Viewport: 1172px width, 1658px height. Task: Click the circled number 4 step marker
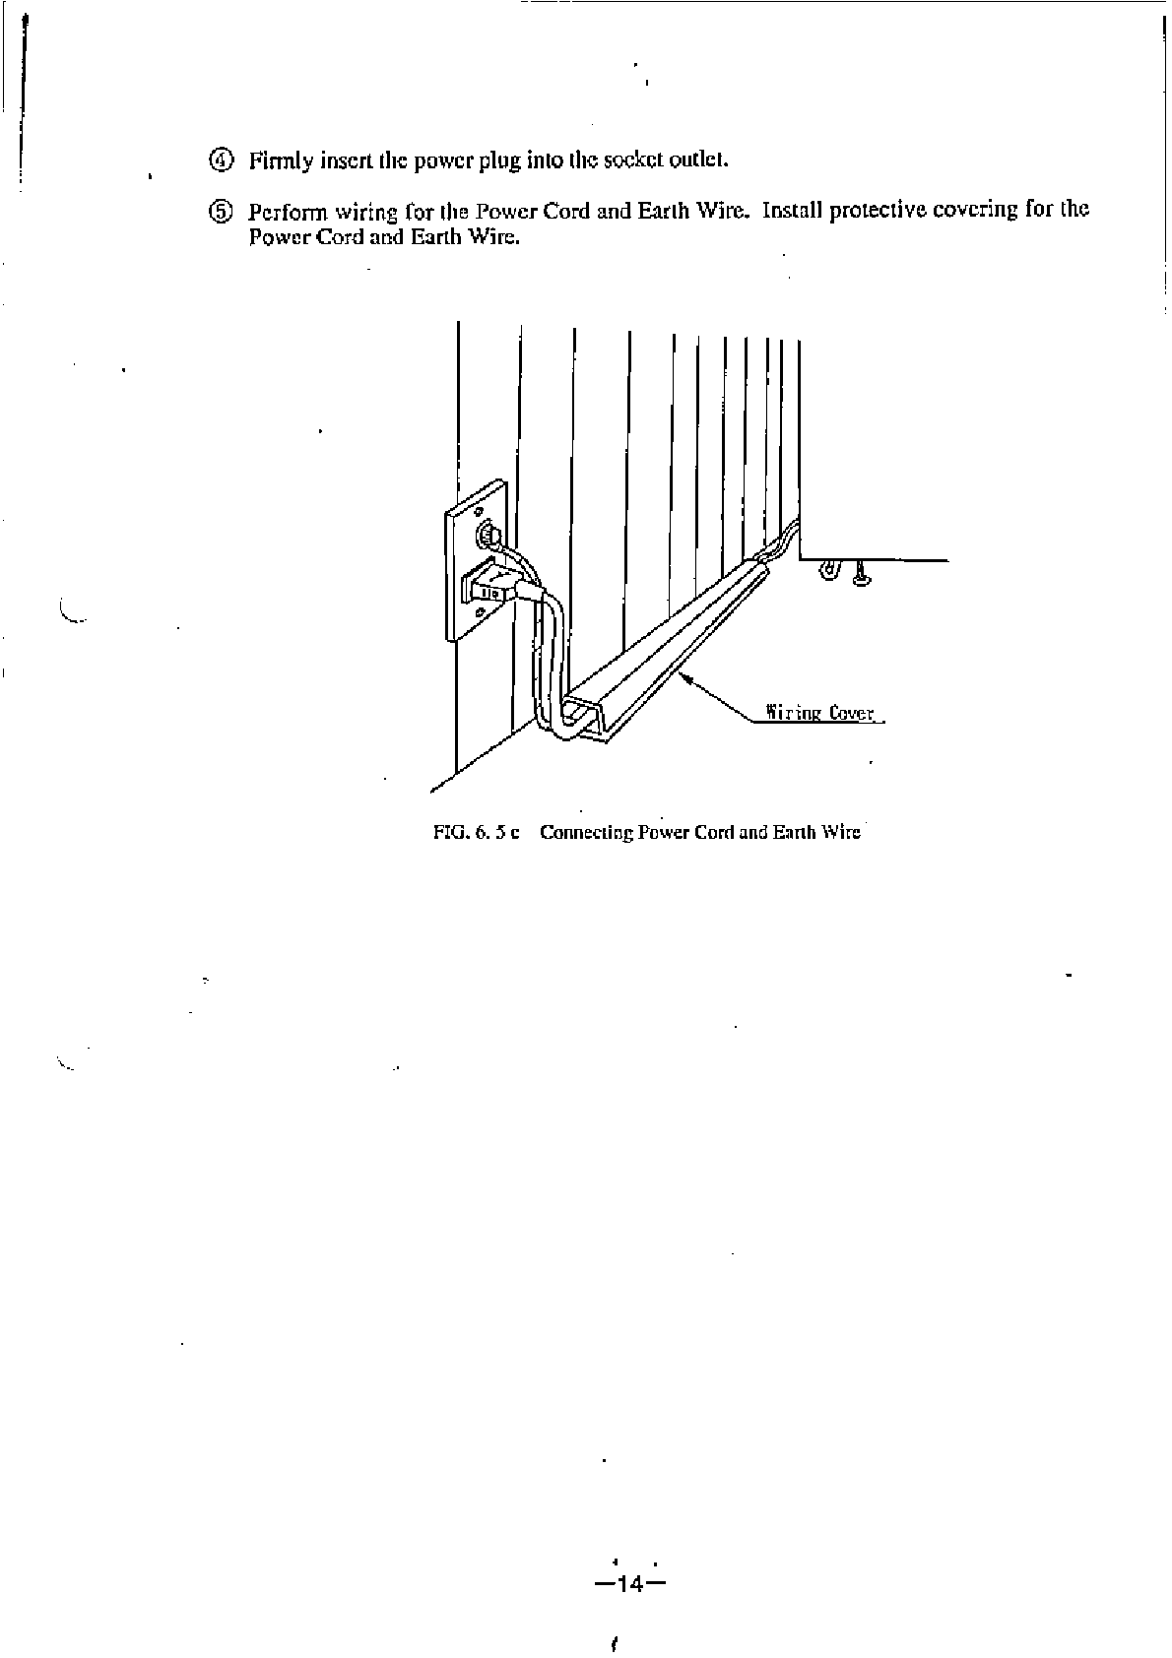point(221,159)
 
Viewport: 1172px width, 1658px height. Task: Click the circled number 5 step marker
point(221,211)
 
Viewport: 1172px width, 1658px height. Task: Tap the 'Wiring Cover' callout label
point(820,713)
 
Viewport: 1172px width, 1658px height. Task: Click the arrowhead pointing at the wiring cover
point(684,676)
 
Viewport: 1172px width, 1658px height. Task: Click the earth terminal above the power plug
point(487,536)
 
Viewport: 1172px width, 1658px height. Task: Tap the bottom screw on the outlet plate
point(479,612)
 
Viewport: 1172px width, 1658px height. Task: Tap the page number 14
point(630,1584)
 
